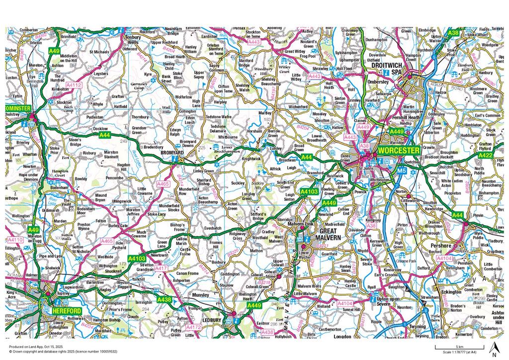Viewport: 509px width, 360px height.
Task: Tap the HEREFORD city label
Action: click(x=65, y=309)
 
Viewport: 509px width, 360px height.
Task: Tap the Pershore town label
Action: click(x=441, y=246)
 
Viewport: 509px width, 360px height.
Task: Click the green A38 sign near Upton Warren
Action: click(x=452, y=32)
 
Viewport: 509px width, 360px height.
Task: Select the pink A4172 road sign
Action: click(x=193, y=328)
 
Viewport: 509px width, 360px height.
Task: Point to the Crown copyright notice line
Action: click(x=61, y=351)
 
